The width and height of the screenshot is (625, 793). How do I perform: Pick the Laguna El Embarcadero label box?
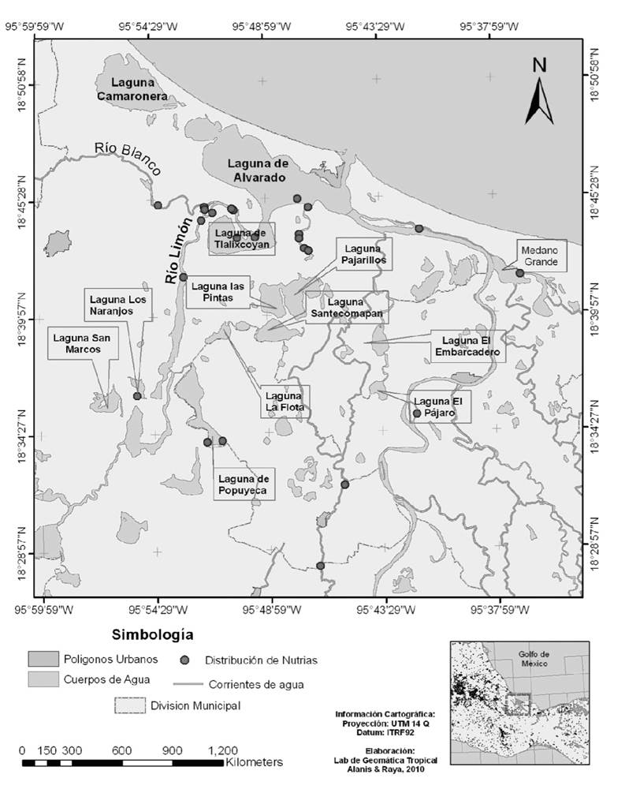[467, 347]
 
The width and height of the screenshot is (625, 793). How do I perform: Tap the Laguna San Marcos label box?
[78, 344]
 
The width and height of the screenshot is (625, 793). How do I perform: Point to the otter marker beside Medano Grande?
[520, 273]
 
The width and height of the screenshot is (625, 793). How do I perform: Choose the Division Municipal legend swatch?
[130, 705]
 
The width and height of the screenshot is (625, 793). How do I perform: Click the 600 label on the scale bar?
[122, 750]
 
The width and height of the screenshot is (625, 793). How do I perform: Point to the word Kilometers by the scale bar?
[254, 763]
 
